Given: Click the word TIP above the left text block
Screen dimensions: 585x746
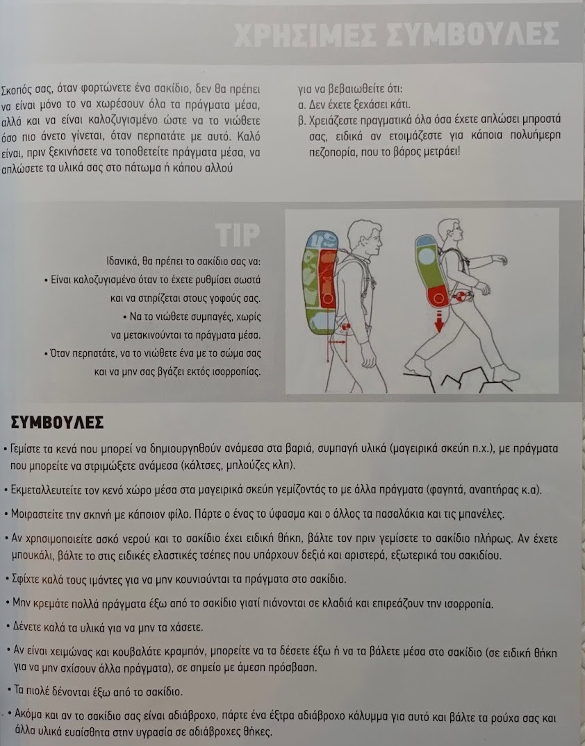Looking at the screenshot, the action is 238,235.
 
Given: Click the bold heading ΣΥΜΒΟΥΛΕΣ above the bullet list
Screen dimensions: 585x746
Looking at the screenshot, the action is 57,422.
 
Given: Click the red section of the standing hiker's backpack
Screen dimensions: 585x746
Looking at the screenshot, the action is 328,278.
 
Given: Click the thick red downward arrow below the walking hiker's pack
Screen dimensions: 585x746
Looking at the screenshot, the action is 438,321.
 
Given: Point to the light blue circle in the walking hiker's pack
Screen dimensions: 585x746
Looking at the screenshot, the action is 427,257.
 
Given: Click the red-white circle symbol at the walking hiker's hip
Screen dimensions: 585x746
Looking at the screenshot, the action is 460,297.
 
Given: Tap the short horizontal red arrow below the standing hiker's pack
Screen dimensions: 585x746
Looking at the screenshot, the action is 337,341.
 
